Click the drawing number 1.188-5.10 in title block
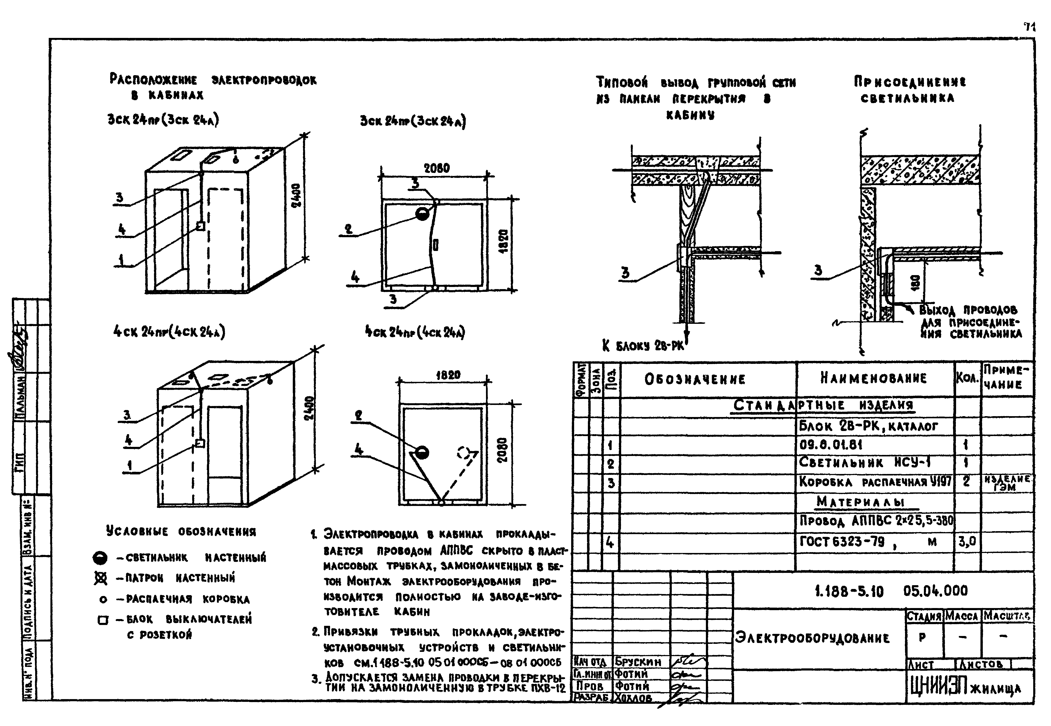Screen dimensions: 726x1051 849,591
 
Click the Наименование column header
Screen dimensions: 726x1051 873,378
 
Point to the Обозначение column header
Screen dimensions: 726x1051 695,379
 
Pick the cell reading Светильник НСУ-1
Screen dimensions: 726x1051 864,463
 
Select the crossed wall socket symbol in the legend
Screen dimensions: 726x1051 101,578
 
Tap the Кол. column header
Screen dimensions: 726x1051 967,378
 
